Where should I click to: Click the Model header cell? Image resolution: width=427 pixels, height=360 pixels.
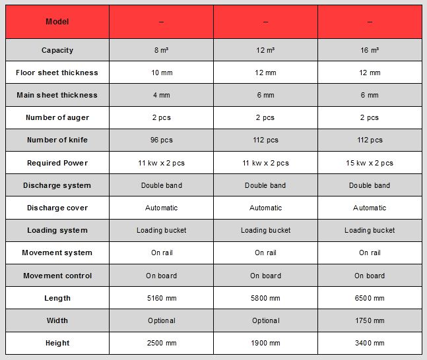pyautogui.click(x=57, y=22)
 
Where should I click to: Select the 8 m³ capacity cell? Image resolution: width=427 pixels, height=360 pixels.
pyautogui.click(x=161, y=50)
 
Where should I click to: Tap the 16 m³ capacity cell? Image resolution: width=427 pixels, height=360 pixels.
pyautogui.click(x=370, y=50)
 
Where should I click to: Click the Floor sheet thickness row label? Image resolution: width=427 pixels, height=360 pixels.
pyautogui.click(x=57, y=73)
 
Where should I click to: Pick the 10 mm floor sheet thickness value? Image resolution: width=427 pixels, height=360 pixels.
pyautogui.click(x=161, y=73)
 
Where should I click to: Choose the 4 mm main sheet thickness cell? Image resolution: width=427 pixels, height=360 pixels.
pyautogui.click(x=161, y=95)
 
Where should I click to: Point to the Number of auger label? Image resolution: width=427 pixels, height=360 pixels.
pyautogui.click(x=57, y=117)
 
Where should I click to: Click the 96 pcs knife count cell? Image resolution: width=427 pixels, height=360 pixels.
pyautogui.click(x=161, y=140)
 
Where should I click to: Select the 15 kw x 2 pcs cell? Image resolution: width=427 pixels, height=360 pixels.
pyautogui.click(x=370, y=163)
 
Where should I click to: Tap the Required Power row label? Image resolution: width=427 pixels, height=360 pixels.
pyautogui.click(x=57, y=163)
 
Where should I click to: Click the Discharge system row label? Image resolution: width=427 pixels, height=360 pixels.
pyautogui.click(x=57, y=185)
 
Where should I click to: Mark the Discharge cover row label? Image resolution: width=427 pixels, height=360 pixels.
pyautogui.click(x=57, y=208)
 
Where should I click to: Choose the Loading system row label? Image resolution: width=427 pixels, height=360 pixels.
pyautogui.click(x=57, y=230)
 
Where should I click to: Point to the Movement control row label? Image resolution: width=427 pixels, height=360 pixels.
pyautogui.click(x=57, y=276)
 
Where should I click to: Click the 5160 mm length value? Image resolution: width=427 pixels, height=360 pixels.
pyautogui.click(x=161, y=298)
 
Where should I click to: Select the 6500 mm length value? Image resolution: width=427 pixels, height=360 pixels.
pyautogui.click(x=370, y=298)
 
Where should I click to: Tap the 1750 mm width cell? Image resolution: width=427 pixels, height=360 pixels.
pyautogui.click(x=370, y=320)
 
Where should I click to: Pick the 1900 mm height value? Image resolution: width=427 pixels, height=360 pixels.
pyautogui.click(x=265, y=343)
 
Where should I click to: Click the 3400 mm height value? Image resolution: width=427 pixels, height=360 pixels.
pyautogui.click(x=370, y=343)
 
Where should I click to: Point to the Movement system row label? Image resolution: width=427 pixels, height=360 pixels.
pyautogui.click(x=57, y=253)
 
